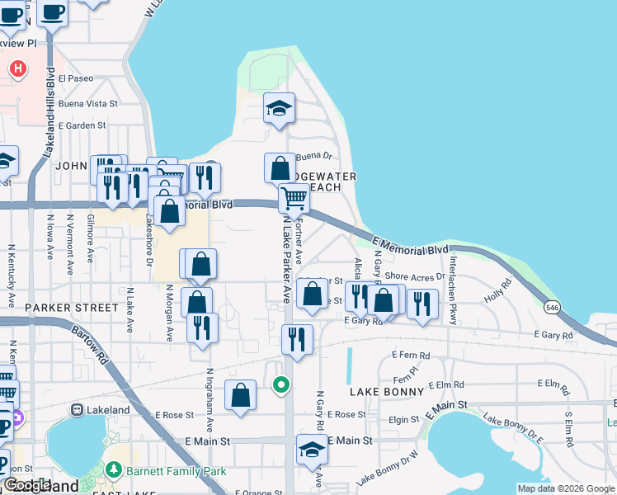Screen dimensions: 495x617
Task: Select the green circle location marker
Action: [x=281, y=384]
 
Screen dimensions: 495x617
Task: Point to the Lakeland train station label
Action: [x=108, y=410]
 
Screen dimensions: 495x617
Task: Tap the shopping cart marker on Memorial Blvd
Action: [x=294, y=198]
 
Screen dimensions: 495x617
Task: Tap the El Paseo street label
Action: [x=76, y=79]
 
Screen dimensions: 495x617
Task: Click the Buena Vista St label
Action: [x=88, y=104]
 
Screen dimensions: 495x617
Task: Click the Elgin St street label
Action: [x=403, y=420]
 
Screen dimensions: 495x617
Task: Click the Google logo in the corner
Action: [x=27, y=486]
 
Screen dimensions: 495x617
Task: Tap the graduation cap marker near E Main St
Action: [x=313, y=450]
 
